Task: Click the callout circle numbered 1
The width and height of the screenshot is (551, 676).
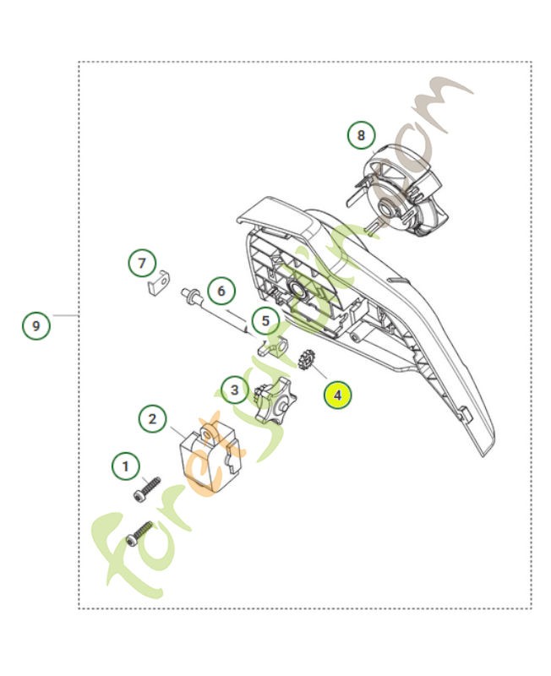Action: pos(127,466)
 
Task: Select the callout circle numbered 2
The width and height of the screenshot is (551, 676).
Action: pos(152,417)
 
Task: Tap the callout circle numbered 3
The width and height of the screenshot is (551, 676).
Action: pos(235,390)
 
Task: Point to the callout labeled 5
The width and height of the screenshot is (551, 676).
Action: pos(265,321)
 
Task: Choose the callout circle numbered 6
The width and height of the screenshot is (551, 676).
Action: pos(221,292)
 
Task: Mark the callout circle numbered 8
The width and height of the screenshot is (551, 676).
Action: pos(362,134)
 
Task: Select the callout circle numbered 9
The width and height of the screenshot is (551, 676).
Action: pos(35,324)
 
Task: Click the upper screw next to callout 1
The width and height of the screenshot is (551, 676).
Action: pos(147,490)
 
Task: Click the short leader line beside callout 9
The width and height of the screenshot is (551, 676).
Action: pos(65,315)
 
